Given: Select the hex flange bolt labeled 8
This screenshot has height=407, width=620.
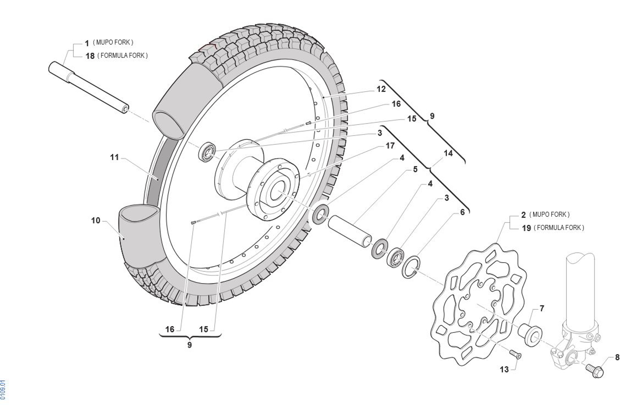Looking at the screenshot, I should (595, 371).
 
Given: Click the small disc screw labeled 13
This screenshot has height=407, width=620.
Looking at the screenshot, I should (516, 354).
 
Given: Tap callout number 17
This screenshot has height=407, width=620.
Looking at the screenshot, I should (390, 146).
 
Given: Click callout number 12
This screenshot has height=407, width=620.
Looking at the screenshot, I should (381, 89).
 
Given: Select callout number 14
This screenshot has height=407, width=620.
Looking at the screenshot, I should (448, 153).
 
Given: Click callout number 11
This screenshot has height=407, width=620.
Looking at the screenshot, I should (114, 158).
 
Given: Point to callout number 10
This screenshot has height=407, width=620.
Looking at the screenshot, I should (96, 221).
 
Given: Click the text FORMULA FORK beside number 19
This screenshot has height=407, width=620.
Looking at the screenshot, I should (559, 228).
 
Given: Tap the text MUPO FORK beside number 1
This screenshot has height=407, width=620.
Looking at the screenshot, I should (113, 42).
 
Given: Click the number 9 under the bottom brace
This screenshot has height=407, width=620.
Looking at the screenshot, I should (190, 345).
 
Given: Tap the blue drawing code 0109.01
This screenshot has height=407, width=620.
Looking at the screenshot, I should (3, 389).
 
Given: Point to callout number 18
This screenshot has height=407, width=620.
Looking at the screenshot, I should (90, 56).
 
